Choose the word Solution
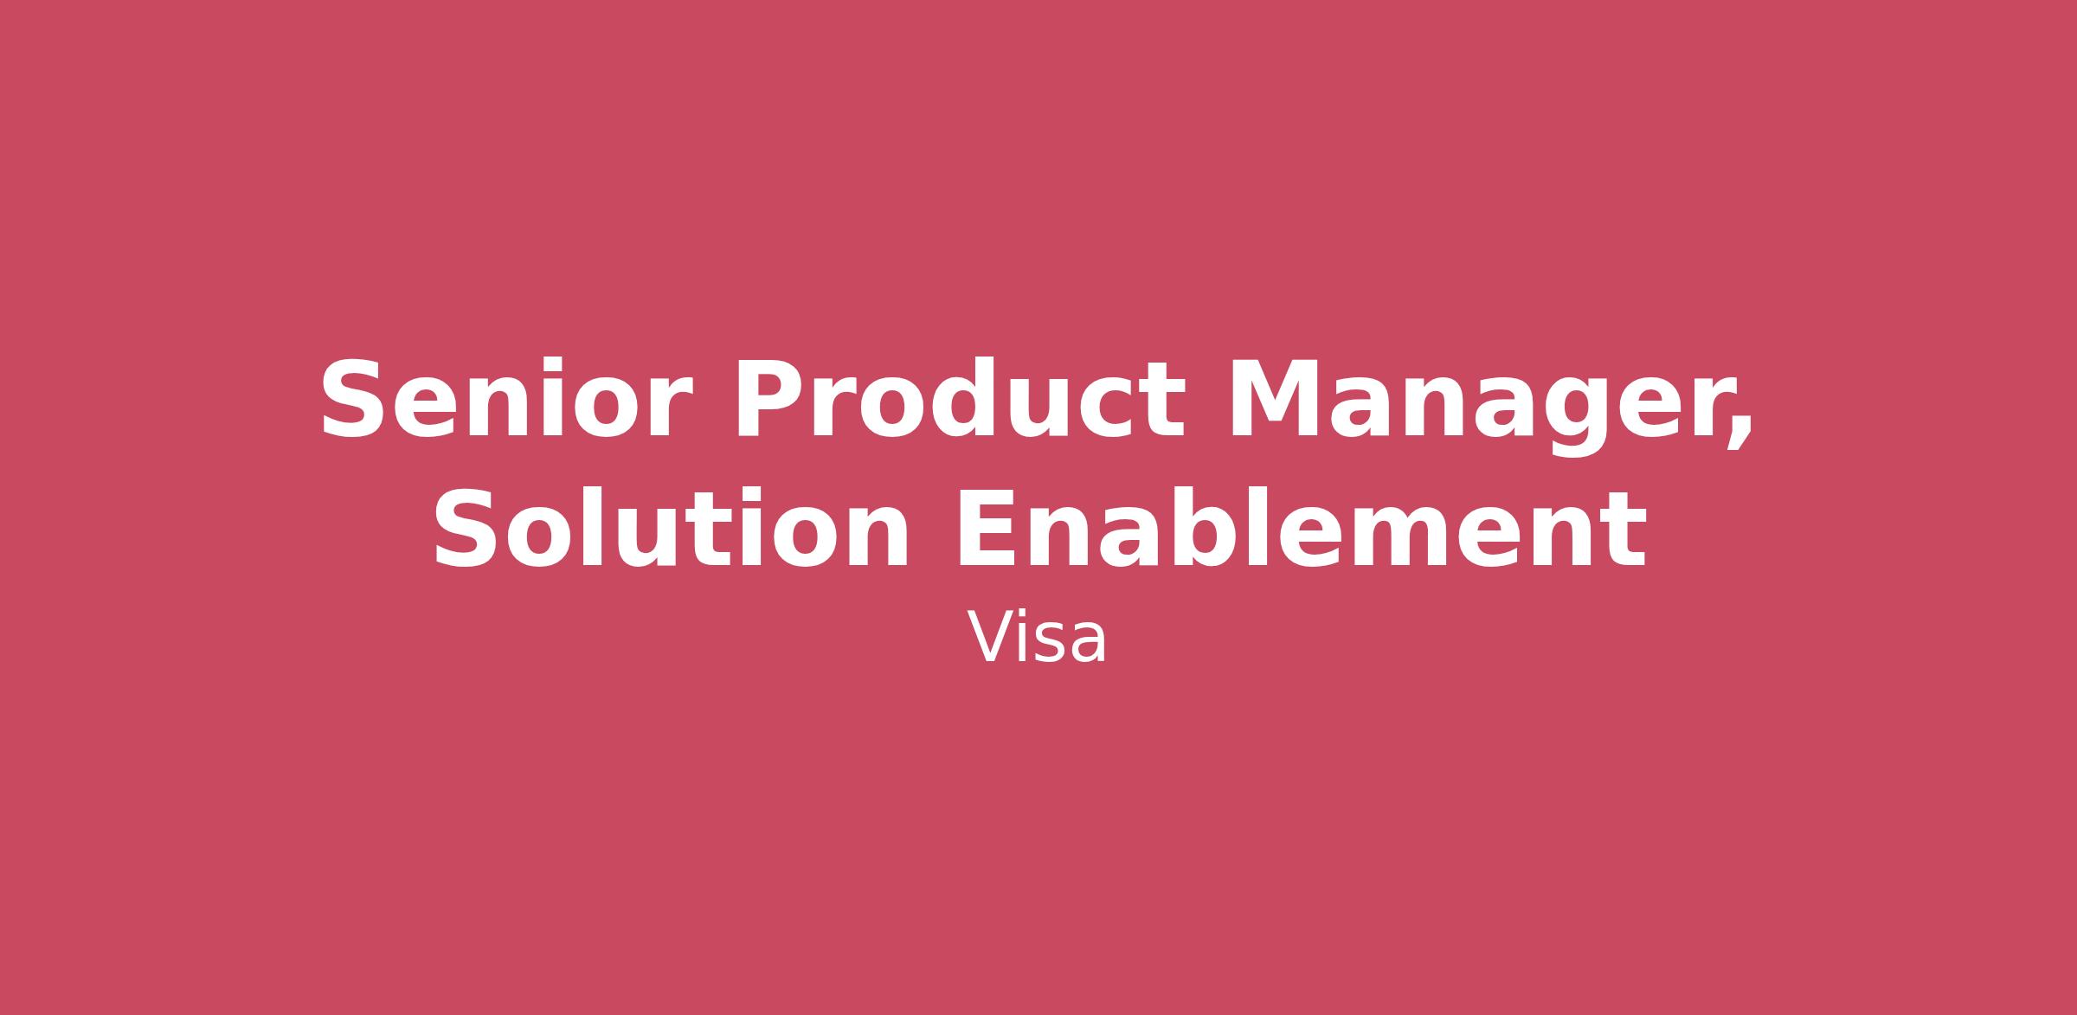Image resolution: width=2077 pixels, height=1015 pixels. (x=671, y=528)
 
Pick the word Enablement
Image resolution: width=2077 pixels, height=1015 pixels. (x=1300, y=528)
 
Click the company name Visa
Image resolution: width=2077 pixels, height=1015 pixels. (x=1037, y=639)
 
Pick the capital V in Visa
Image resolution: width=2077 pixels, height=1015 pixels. (x=992, y=638)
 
